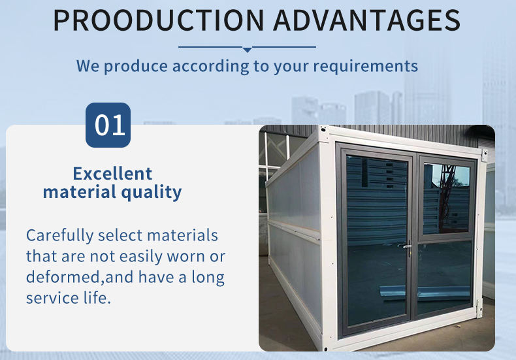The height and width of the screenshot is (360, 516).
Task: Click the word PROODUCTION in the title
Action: tap(159, 20)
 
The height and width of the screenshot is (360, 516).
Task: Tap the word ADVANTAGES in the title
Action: tap(366, 20)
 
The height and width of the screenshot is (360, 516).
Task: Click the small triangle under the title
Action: tap(247, 50)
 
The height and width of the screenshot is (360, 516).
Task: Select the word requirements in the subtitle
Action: tap(365, 66)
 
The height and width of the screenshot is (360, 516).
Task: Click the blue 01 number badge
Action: tap(108, 125)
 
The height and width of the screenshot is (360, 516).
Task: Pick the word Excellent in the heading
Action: tap(112, 173)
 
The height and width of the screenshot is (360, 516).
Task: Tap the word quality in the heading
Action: tap(152, 193)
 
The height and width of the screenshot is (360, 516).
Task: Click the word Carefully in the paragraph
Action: tap(60, 236)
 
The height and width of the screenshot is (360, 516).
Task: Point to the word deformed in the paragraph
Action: tap(63, 277)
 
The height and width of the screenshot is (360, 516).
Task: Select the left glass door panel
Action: tap(377, 240)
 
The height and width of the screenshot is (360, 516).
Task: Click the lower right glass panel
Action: tap(444, 276)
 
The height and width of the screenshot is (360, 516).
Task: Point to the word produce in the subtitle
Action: tap(136, 67)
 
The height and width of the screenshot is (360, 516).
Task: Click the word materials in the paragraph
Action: tap(182, 236)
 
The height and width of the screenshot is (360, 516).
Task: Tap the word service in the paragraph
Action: tap(52, 298)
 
